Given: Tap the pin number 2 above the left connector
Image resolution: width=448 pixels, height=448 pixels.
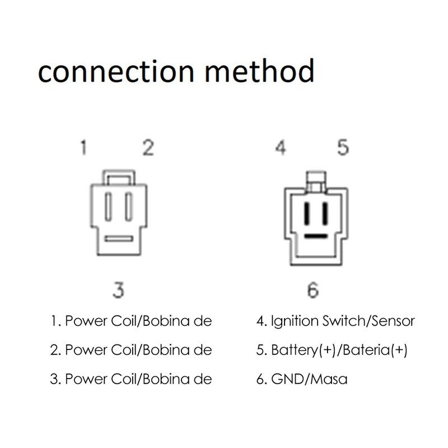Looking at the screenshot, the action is pyautogui.click(x=148, y=149).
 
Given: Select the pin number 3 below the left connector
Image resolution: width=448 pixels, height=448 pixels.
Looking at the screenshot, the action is pyautogui.click(x=118, y=291).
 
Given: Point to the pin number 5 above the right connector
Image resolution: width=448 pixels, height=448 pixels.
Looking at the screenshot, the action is pyautogui.click(x=343, y=149).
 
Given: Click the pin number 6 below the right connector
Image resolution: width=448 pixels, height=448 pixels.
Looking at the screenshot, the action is pyautogui.click(x=312, y=291).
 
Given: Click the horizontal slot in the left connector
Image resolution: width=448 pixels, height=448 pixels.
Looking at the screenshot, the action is pyautogui.click(x=119, y=239).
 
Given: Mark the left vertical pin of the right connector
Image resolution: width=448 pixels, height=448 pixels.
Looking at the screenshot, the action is pyautogui.click(x=307, y=213).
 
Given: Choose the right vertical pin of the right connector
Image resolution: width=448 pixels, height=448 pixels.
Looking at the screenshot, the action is pyautogui.click(x=325, y=213).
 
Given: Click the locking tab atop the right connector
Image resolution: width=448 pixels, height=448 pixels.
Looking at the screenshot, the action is pyautogui.click(x=316, y=181).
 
